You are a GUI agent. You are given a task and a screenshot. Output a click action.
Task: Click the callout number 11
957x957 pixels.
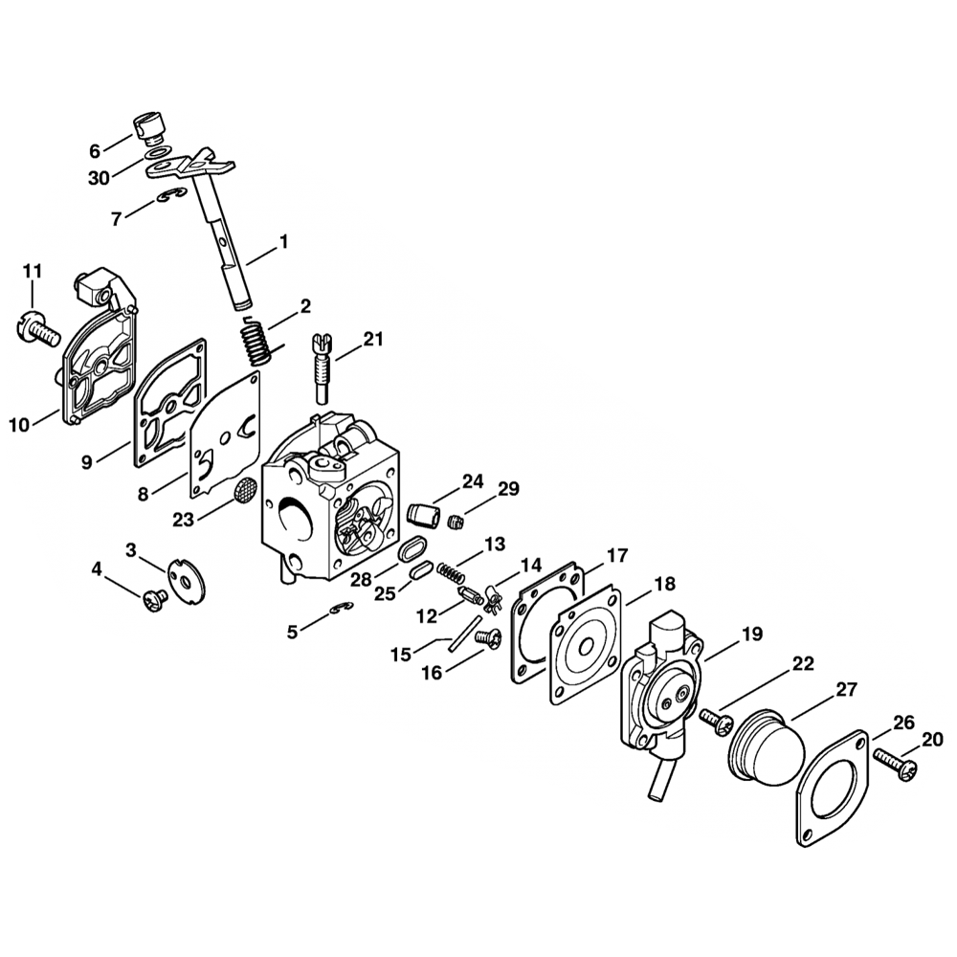click(33, 271)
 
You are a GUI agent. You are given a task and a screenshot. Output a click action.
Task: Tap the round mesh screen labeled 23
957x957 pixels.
click(245, 489)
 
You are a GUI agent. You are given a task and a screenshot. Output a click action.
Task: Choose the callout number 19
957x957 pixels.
click(753, 634)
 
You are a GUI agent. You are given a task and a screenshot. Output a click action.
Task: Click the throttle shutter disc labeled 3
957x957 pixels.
click(187, 579)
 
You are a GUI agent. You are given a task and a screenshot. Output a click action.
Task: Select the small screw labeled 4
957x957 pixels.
click(155, 600)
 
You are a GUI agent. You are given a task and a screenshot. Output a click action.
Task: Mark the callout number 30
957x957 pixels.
click(99, 178)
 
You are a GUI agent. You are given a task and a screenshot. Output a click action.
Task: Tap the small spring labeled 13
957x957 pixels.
click(452, 573)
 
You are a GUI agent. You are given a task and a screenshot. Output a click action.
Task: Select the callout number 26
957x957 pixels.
click(904, 723)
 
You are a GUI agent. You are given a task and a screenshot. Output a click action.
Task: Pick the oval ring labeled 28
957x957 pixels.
click(413, 546)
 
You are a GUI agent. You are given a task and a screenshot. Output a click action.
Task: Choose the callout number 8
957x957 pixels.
click(143, 494)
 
